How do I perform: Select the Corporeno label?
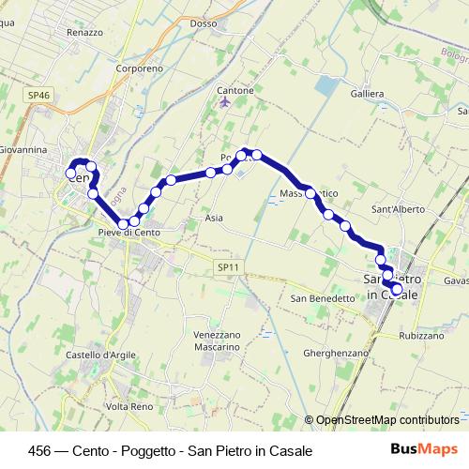138,68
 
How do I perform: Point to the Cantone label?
235,90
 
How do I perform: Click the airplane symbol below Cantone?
223,101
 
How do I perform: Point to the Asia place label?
214,217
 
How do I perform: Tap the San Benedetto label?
322,298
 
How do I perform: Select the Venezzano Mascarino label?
217,340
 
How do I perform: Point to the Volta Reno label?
129,406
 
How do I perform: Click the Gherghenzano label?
335,353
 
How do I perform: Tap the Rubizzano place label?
420,335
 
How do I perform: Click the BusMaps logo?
423,449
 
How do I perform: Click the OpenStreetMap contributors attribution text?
387,420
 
